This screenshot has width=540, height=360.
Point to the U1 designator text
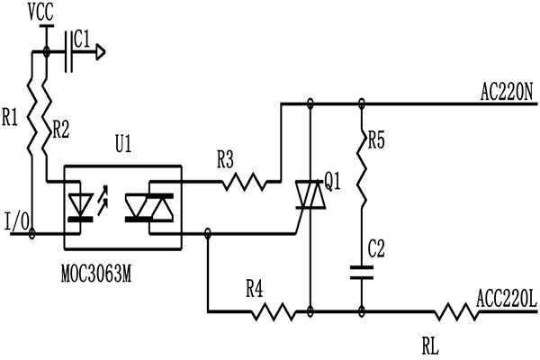tap(123, 145)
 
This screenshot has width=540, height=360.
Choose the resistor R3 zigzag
tap(243, 183)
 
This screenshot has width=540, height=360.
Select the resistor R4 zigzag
tap(269, 312)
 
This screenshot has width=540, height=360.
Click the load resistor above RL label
tap(454, 312)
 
